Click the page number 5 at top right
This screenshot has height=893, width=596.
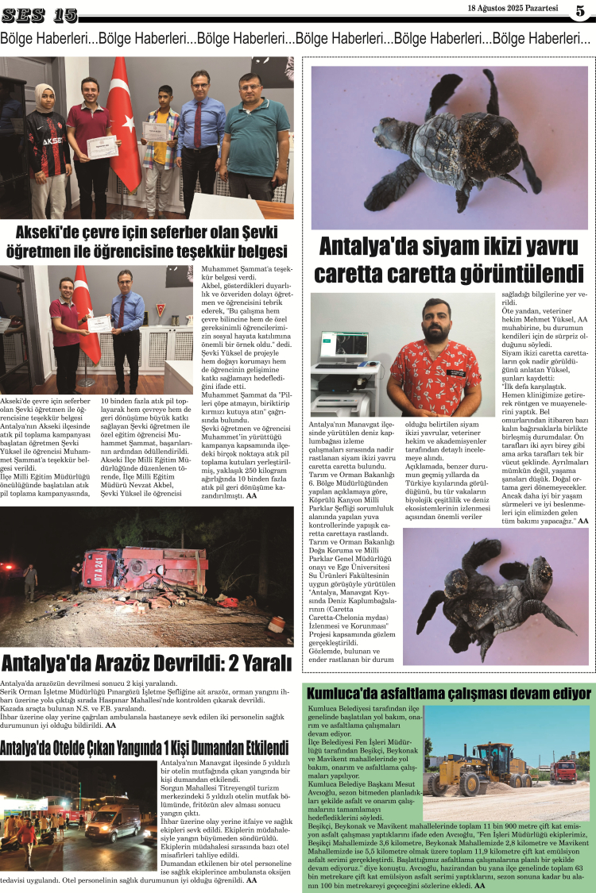580,10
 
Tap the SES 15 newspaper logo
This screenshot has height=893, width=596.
39,14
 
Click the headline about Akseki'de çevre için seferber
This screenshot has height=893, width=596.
146,241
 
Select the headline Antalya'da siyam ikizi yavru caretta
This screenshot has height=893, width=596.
449,260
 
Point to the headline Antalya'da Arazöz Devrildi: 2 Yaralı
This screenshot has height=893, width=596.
147,662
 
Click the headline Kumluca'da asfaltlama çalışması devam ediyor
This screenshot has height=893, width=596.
449,693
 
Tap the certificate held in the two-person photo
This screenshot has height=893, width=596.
99,324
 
